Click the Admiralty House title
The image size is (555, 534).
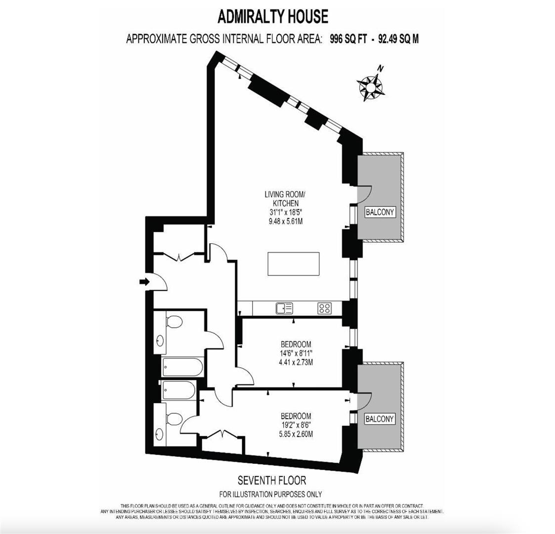tap(273, 16)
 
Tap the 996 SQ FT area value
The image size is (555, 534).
tap(348, 39)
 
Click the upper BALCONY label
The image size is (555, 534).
tap(380, 213)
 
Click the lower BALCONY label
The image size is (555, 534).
tap(380, 419)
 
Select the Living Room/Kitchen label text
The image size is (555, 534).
tap(281, 199)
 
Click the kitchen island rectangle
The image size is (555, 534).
tap(294, 264)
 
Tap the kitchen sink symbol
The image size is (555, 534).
tap(284, 309)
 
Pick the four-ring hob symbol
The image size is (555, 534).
tap(325, 309)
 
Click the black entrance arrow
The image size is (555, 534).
tap(144, 282)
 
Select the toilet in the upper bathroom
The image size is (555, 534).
tap(173, 322)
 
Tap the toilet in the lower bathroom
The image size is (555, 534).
tap(173, 419)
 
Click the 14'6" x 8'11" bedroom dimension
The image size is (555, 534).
tap(296, 353)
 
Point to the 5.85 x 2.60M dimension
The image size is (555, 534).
tap(296, 434)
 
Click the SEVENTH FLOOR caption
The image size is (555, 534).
tap(272, 480)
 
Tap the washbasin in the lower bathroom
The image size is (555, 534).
tap(159, 435)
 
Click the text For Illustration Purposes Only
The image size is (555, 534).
tap(270, 494)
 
